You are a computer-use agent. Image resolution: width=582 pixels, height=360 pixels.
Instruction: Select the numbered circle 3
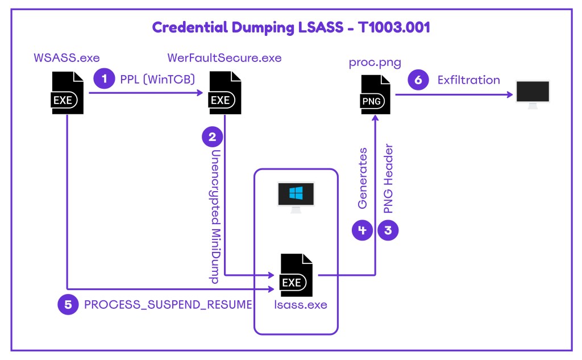[389, 230]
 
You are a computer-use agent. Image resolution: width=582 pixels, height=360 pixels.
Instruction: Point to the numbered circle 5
[68, 304]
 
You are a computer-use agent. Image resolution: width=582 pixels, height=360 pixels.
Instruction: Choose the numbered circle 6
[418, 80]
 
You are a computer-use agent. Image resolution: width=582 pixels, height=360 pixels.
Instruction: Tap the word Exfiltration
[468, 80]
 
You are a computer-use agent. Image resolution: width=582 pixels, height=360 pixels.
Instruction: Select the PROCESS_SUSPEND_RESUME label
[168, 304]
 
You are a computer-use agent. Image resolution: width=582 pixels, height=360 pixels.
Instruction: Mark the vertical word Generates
[363, 178]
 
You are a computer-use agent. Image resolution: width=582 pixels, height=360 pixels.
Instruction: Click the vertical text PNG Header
[389, 179]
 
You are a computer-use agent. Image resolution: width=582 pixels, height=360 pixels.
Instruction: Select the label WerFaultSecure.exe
[224, 58]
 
